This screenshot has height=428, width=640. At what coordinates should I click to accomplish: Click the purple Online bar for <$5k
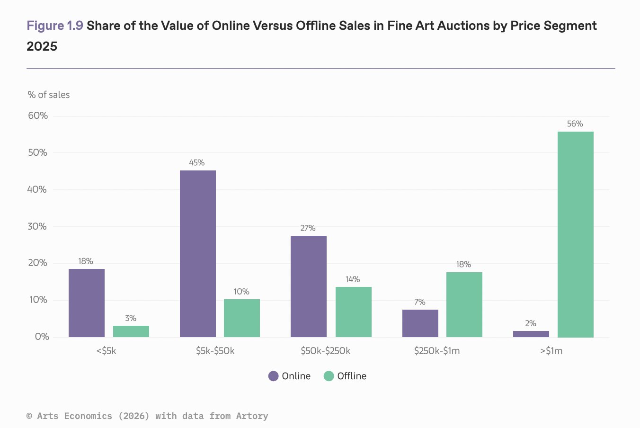click(87, 303)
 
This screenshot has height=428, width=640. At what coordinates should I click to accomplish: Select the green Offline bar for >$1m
click(575, 234)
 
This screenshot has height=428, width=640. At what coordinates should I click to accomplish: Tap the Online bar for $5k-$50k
click(198, 254)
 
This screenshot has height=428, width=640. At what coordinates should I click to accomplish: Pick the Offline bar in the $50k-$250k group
click(353, 312)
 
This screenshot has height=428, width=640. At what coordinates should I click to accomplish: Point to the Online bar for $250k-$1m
click(420, 323)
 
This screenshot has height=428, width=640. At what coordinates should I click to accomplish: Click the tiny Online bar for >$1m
click(531, 334)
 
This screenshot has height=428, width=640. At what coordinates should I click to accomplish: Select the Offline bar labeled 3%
click(131, 331)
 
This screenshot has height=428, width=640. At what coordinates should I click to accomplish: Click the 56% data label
click(575, 124)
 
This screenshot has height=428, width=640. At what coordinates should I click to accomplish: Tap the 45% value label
click(196, 162)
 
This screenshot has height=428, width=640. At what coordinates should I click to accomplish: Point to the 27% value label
click(308, 228)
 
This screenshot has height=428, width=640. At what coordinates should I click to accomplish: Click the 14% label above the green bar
click(352, 279)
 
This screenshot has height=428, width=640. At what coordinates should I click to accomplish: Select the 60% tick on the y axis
click(38, 116)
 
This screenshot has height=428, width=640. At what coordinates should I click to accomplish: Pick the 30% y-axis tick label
click(37, 226)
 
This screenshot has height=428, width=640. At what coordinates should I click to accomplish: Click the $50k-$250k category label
click(325, 351)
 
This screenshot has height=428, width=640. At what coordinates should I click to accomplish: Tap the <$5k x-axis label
click(106, 351)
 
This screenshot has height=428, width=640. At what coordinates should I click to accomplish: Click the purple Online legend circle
click(273, 376)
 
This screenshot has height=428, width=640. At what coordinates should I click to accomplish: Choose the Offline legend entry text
click(351, 376)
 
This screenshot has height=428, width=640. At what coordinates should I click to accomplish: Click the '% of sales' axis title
click(48, 95)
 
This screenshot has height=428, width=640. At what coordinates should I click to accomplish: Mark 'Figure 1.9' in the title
click(55, 26)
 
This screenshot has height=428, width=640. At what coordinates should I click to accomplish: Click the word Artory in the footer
click(252, 416)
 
